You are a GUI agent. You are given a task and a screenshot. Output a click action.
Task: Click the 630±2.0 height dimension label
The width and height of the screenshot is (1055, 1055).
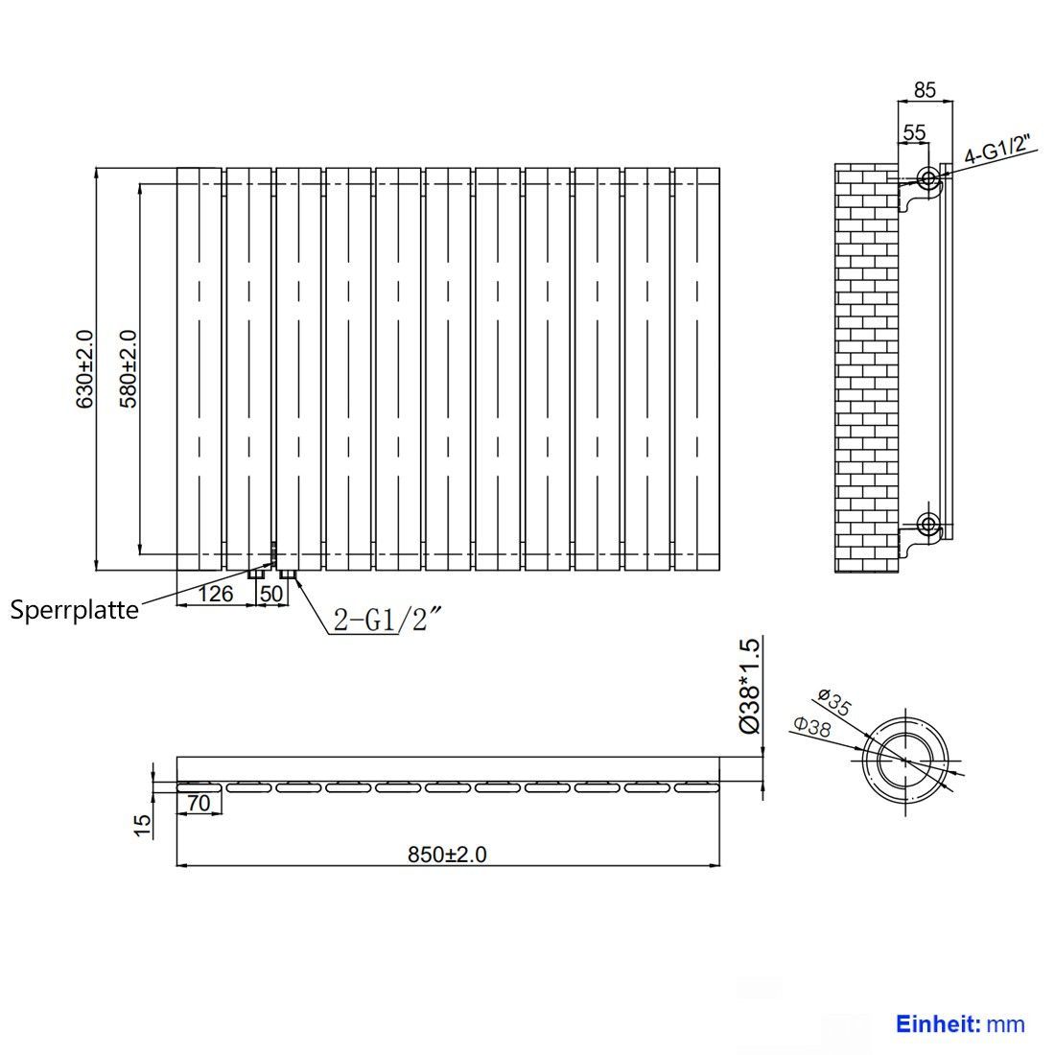(x=84, y=368)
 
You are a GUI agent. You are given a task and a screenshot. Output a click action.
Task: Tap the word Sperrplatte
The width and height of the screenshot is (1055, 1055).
(x=75, y=611)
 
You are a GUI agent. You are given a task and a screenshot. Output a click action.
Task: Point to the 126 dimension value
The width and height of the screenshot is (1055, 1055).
(x=215, y=594)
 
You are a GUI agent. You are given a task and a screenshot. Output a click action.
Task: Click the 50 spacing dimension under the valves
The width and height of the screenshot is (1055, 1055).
(x=271, y=594)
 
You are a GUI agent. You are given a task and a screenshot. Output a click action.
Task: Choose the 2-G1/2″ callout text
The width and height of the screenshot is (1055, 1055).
(x=388, y=619)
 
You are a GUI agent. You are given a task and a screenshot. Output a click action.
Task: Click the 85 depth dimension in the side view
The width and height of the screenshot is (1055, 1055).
(x=926, y=89)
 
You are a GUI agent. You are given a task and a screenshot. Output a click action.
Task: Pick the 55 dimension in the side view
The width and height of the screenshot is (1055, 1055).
(x=914, y=132)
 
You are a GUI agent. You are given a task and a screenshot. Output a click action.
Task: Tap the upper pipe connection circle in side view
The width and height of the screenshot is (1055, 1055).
(x=928, y=179)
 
